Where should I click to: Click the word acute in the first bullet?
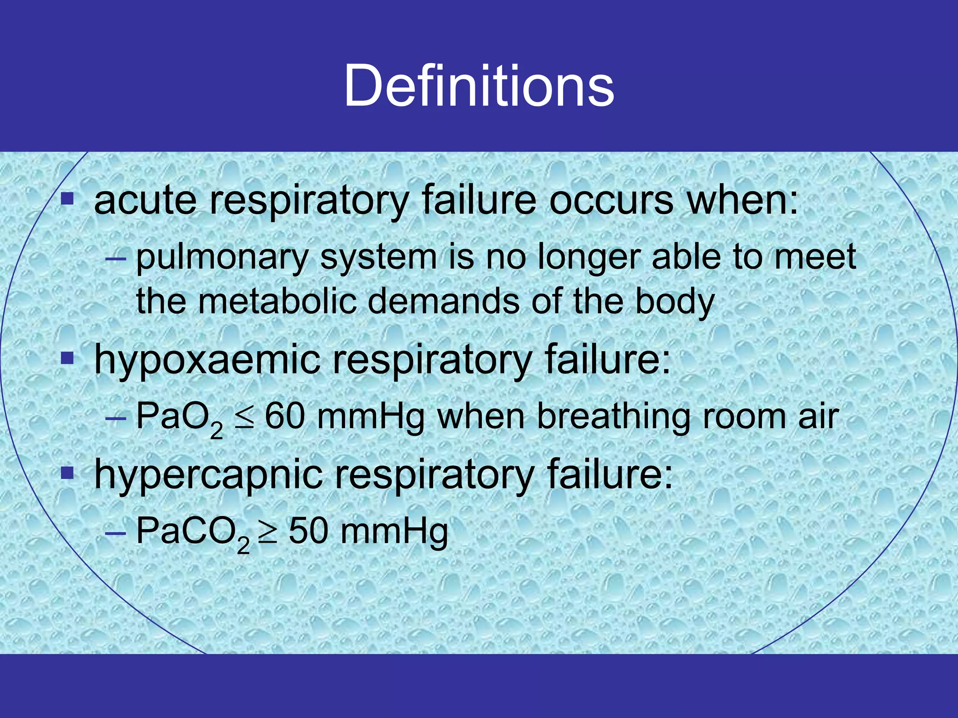[145, 201]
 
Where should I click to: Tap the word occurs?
[611, 201]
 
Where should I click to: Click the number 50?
[308, 531]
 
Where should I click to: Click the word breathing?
[613, 417]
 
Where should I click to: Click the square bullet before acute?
[68, 200]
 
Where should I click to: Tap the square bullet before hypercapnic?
[68, 474]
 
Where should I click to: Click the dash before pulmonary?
[116, 258]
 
